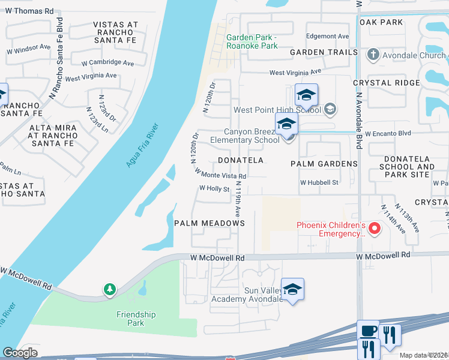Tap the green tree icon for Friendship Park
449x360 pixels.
click(x=109, y=290)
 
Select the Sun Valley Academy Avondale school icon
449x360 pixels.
click(x=292, y=290)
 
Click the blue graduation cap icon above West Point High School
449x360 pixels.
click(x=306, y=95)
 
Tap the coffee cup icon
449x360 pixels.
click(x=368, y=331)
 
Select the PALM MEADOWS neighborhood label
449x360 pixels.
click(x=209, y=223)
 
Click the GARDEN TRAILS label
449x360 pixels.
click(x=324, y=52)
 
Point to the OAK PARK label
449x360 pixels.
click(x=381, y=22)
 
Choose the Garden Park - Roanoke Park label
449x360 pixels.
click(x=252, y=41)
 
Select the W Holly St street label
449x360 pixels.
click(x=215, y=188)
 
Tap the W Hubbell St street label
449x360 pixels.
click(x=320, y=182)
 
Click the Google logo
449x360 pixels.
click(x=20, y=353)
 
